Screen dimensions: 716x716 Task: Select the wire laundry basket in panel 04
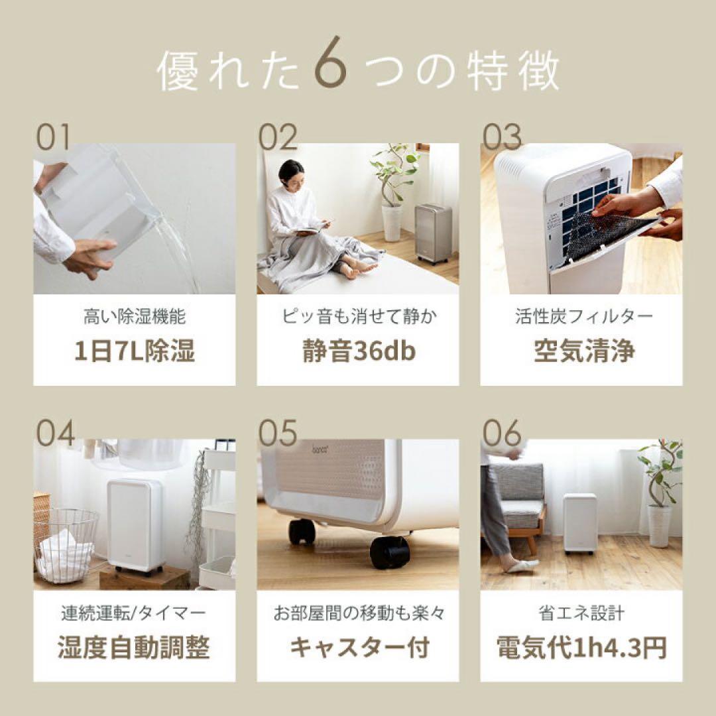click(x=65, y=544)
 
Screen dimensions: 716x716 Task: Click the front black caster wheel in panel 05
click(x=389, y=552)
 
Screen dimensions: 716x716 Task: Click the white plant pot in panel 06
click(x=659, y=525)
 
